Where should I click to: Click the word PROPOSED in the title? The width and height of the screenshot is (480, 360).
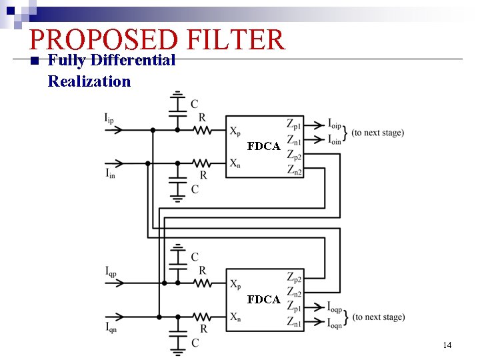click(104, 40)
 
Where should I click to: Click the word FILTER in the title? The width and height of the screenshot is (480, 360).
click(236, 40)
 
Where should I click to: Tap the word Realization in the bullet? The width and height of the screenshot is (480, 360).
click(89, 81)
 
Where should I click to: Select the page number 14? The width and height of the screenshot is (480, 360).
click(447, 345)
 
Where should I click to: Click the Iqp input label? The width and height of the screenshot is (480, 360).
click(111, 271)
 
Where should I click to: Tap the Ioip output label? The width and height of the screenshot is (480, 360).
click(335, 124)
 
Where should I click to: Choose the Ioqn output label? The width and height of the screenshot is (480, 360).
click(335, 324)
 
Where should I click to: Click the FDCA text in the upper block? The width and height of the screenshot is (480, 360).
click(263, 146)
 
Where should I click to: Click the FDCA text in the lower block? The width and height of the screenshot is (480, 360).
click(263, 299)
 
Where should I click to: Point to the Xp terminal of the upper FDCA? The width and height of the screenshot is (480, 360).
click(236, 131)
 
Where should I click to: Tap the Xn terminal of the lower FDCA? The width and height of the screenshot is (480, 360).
click(235, 317)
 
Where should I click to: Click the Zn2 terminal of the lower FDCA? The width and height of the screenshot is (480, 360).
click(294, 293)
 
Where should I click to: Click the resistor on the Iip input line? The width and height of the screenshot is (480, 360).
click(202, 131)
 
